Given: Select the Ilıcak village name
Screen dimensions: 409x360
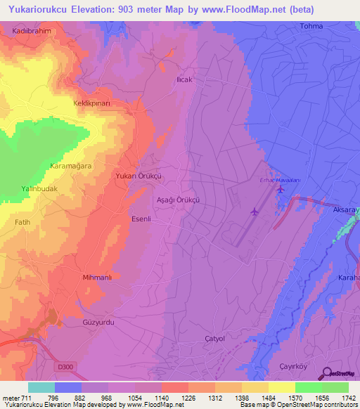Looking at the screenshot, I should pos(184,80).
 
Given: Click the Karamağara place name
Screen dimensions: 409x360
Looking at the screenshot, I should pos(71,165).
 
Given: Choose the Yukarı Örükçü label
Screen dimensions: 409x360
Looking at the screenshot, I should pos(139,176).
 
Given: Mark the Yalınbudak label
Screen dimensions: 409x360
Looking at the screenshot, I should pos(39,189).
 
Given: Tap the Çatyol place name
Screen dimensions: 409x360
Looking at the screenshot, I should pos(214,338).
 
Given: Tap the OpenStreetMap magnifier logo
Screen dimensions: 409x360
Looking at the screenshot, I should pos(328,372).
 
